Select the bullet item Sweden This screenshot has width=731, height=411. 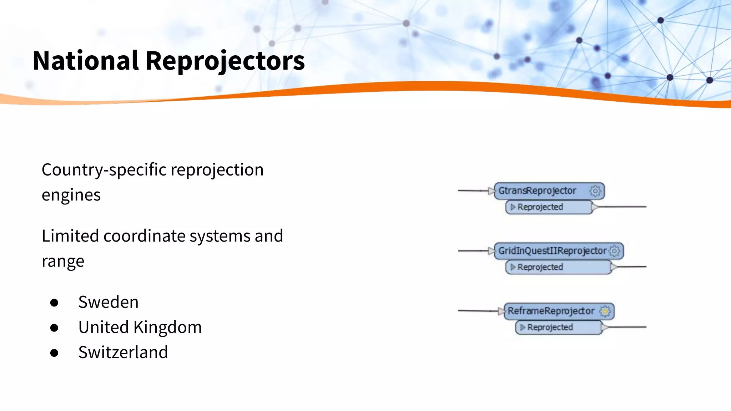108,302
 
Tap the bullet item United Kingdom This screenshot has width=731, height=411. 140,327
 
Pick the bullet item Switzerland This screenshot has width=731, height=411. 123,352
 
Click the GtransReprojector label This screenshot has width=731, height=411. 537,191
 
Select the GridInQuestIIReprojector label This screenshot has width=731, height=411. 552,251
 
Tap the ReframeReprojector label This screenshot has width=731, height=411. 551,311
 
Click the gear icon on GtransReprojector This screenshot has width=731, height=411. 595,191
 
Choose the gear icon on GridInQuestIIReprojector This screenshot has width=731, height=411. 614,251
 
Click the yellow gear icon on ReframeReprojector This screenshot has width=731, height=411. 605,311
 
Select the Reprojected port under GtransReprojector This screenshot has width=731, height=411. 540,207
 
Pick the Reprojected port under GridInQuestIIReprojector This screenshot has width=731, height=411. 540,267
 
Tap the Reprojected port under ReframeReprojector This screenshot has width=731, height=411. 550,327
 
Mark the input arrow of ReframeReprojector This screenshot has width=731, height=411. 501,311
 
